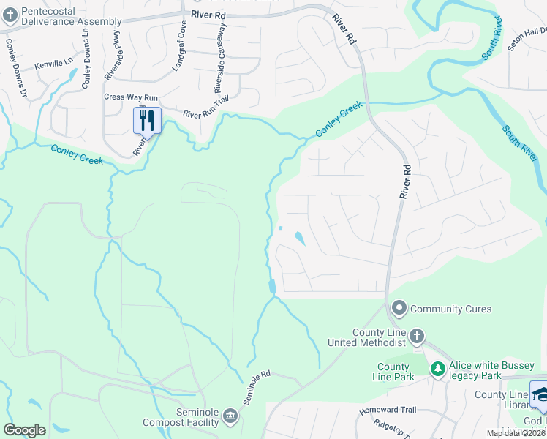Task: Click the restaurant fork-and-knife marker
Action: (147, 120)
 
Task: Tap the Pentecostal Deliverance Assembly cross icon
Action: (9, 17)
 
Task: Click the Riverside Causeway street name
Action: (219, 58)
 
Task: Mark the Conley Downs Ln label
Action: (86, 64)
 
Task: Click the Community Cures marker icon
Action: (399, 308)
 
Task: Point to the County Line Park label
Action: (396, 372)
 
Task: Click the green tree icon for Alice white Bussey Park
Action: (437, 369)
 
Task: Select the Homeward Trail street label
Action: (387, 410)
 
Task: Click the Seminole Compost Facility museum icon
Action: (230, 416)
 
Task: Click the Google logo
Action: (24, 430)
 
